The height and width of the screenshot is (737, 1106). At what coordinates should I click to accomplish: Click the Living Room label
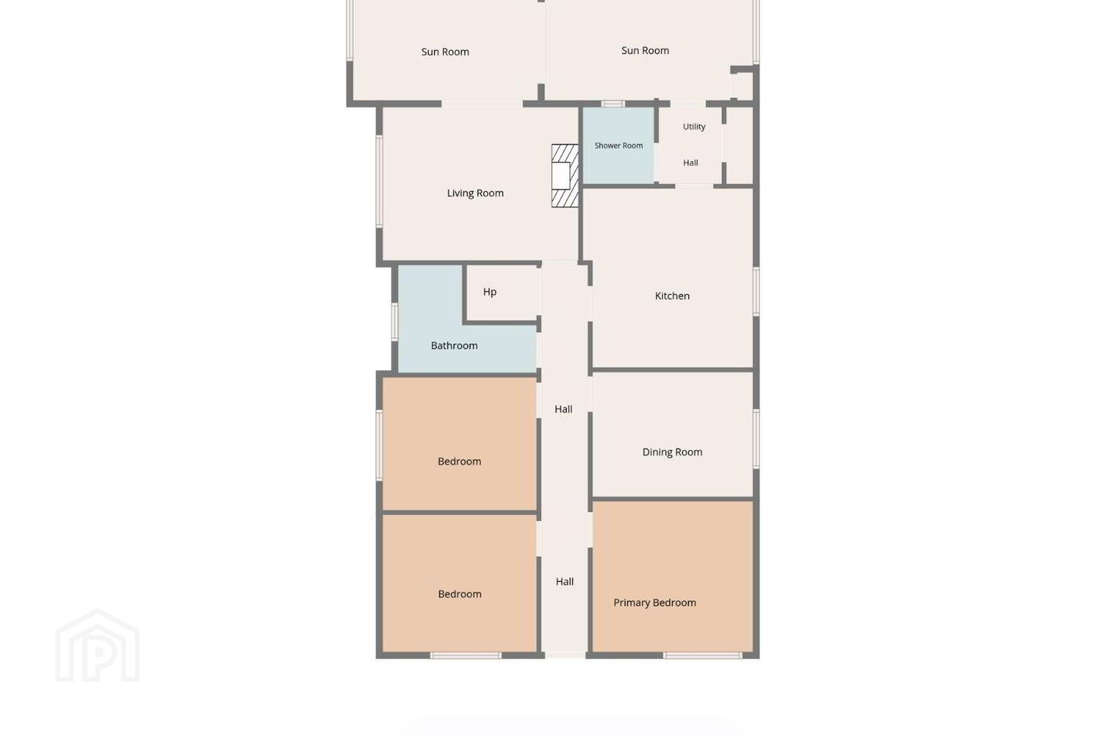click(x=475, y=193)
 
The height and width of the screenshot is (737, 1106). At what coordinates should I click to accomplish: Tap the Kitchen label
click(x=672, y=296)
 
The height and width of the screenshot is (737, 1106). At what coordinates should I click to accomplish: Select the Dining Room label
click(x=672, y=452)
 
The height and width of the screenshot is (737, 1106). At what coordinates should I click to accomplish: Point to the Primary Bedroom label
click(x=654, y=603)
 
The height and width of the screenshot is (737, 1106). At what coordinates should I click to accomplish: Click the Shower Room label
click(x=618, y=146)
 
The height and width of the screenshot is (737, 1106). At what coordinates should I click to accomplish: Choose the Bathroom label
click(x=454, y=345)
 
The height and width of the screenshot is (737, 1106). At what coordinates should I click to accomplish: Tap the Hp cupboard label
click(x=489, y=292)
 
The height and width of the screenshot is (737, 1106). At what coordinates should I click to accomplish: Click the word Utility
click(x=694, y=127)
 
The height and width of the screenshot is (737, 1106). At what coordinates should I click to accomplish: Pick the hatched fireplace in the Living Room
click(x=565, y=175)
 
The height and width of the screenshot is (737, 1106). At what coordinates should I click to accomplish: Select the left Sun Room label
click(x=445, y=52)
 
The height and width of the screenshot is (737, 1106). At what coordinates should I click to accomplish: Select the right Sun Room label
click(x=645, y=51)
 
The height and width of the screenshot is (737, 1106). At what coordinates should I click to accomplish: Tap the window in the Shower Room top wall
click(x=612, y=104)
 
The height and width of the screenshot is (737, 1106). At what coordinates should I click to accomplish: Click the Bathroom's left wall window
click(x=395, y=322)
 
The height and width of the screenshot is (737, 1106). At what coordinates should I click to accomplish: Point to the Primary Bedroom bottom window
click(x=702, y=656)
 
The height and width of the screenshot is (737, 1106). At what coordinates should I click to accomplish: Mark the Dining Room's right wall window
click(x=756, y=438)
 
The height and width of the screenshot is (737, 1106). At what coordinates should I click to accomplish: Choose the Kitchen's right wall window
click(x=756, y=291)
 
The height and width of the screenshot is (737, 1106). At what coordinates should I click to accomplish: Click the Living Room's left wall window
click(x=379, y=182)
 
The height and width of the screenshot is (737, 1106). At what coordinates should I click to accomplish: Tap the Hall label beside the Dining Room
click(x=564, y=409)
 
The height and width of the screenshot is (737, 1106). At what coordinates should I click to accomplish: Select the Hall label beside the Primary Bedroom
click(x=565, y=582)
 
